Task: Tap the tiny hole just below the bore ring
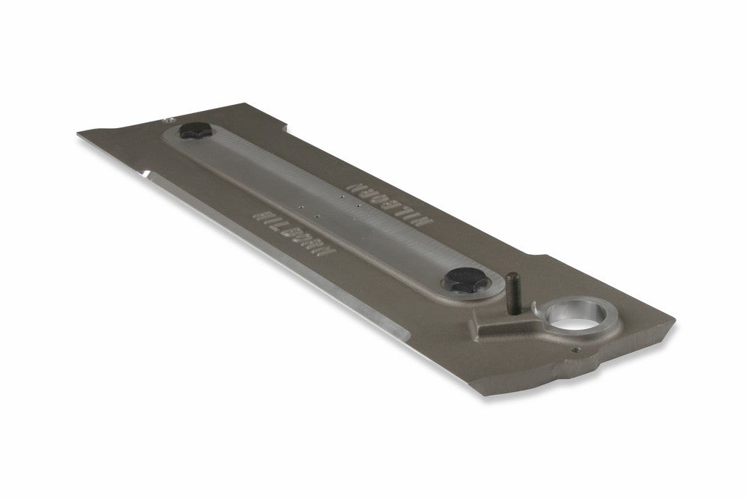[574, 349]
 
